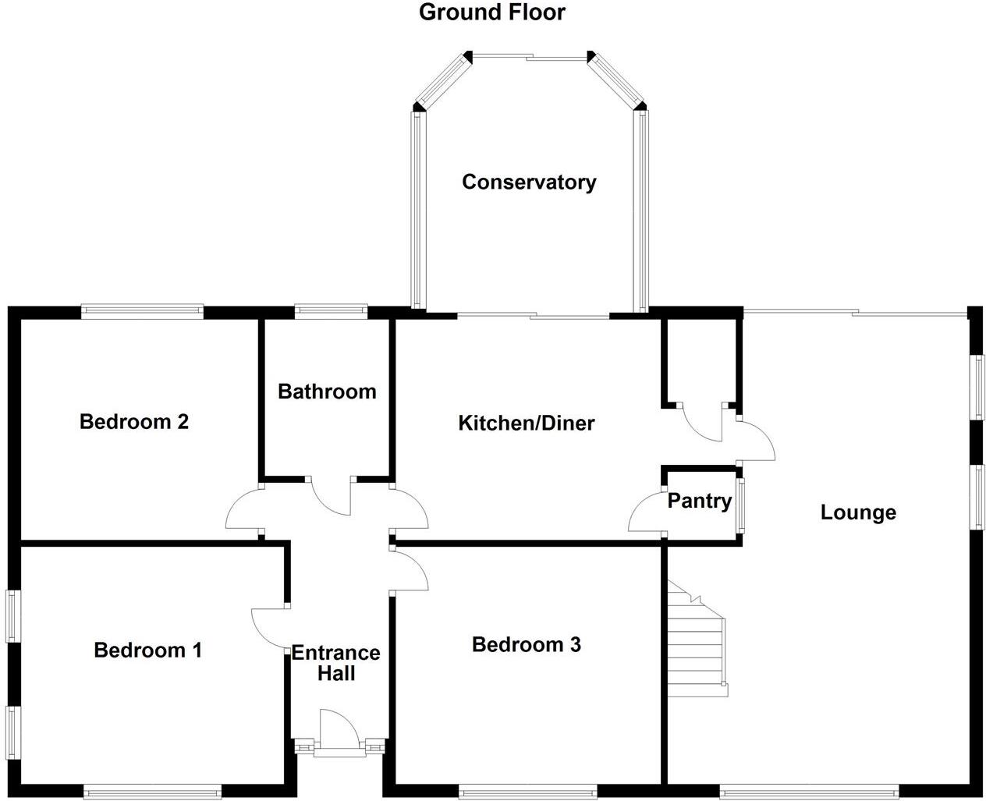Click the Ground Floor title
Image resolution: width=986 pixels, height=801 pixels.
pyautogui.click(x=492, y=12)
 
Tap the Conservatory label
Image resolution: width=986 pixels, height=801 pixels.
pyautogui.click(x=529, y=182)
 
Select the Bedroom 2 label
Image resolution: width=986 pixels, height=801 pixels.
pyautogui.click(x=134, y=422)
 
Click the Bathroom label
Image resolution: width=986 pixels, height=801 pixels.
pyautogui.click(x=327, y=391)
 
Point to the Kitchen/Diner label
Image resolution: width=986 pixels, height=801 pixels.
pyautogui.click(x=526, y=424)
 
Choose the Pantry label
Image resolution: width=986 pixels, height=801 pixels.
pyautogui.click(x=700, y=501)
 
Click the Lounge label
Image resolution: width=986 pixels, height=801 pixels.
pyautogui.click(x=858, y=512)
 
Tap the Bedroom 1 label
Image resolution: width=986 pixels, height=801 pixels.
pyautogui.click(x=147, y=650)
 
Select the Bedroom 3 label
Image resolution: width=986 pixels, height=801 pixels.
pyautogui.click(x=527, y=644)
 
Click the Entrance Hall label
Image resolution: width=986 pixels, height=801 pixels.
pyautogui.click(x=335, y=663)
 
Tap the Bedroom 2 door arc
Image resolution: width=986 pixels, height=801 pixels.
pyautogui.click(x=243, y=511)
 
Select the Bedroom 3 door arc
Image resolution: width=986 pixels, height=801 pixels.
pyautogui.click(x=411, y=571)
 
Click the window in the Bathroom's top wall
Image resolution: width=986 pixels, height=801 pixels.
pyautogui.click(x=331, y=312)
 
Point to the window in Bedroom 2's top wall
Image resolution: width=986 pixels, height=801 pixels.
pyautogui.click(x=142, y=312)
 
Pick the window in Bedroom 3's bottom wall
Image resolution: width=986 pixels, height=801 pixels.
pyautogui.click(x=528, y=792)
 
